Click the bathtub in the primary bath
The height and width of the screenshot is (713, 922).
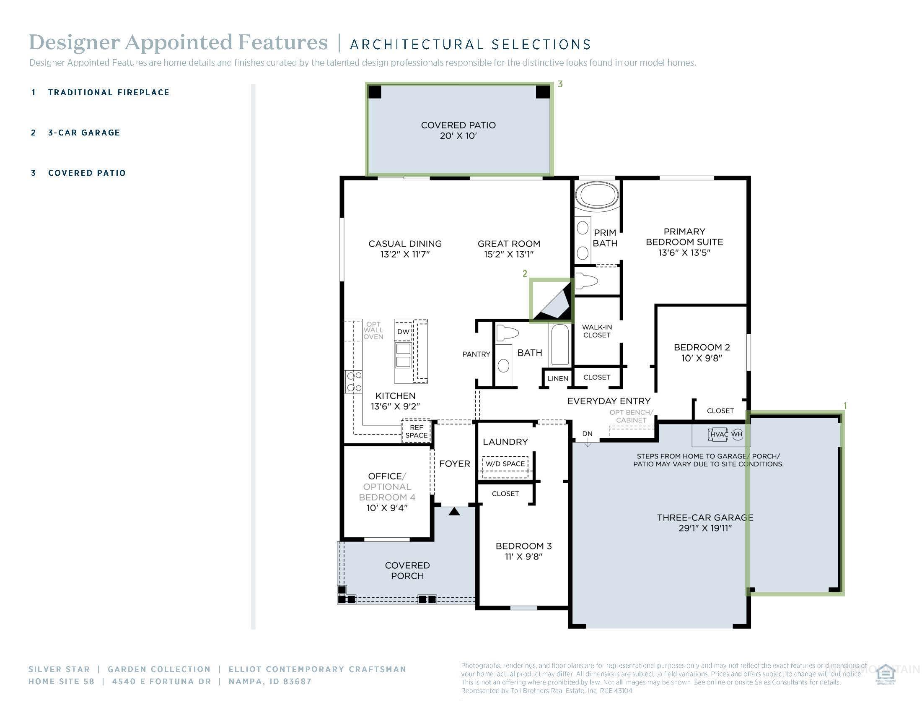[x=596, y=195]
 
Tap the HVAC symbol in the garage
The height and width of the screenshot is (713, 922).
[x=718, y=434]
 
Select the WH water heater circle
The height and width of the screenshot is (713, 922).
[x=737, y=434]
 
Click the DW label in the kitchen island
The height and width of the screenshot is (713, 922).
[x=403, y=332]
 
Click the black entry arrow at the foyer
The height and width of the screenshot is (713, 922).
[x=454, y=512]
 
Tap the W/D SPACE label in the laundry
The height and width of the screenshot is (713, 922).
[x=505, y=464]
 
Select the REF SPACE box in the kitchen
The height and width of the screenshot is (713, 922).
[x=416, y=431]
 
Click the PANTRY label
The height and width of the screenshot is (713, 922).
[x=476, y=354]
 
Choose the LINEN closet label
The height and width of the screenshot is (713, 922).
[x=558, y=378]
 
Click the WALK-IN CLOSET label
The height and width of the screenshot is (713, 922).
[x=596, y=331]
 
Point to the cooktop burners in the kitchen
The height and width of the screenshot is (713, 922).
[x=354, y=381]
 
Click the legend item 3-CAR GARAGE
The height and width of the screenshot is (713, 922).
[x=84, y=133]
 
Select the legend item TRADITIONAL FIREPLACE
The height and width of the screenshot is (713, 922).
[x=109, y=93]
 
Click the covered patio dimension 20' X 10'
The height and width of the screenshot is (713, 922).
[x=458, y=136]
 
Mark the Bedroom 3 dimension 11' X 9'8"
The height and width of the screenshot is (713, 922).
[x=523, y=557]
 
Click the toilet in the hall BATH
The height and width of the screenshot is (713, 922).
[x=506, y=333]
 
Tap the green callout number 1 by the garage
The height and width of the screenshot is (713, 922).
[x=845, y=406]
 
